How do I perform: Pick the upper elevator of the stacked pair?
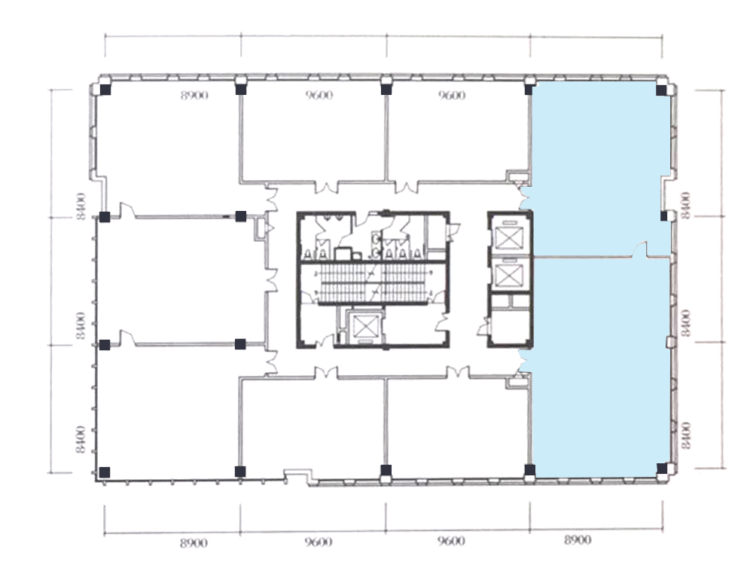click(x=508, y=236)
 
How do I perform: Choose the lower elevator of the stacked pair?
click(x=508, y=274)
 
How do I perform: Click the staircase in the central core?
click(x=373, y=283)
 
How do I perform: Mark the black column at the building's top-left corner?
click(x=105, y=90)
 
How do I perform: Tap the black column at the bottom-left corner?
click(x=104, y=472)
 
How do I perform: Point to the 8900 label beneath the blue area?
click(x=578, y=540)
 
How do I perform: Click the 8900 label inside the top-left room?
click(x=194, y=95)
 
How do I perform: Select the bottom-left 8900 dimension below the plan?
click(x=194, y=543)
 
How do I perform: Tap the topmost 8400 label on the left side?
click(x=81, y=206)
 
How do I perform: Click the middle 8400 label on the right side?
click(x=686, y=323)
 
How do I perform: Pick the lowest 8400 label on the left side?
click(x=81, y=440)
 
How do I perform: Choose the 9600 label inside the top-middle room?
click(x=319, y=95)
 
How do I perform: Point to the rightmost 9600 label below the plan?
click(x=451, y=542)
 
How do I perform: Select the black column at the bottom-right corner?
click(x=662, y=469)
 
